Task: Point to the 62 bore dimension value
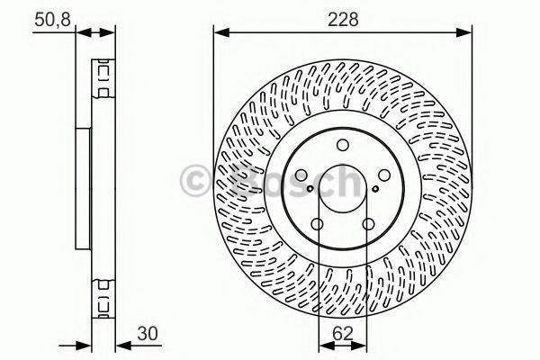[x=343, y=330]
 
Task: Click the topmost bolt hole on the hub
[x=342, y=147]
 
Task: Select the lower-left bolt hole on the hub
[x=317, y=225]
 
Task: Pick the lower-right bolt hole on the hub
[x=368, y=225]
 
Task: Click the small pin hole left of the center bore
[x=310, y=189]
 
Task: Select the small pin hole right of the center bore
[x=375, y=189]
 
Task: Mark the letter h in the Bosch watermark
[x=347, y=178]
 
